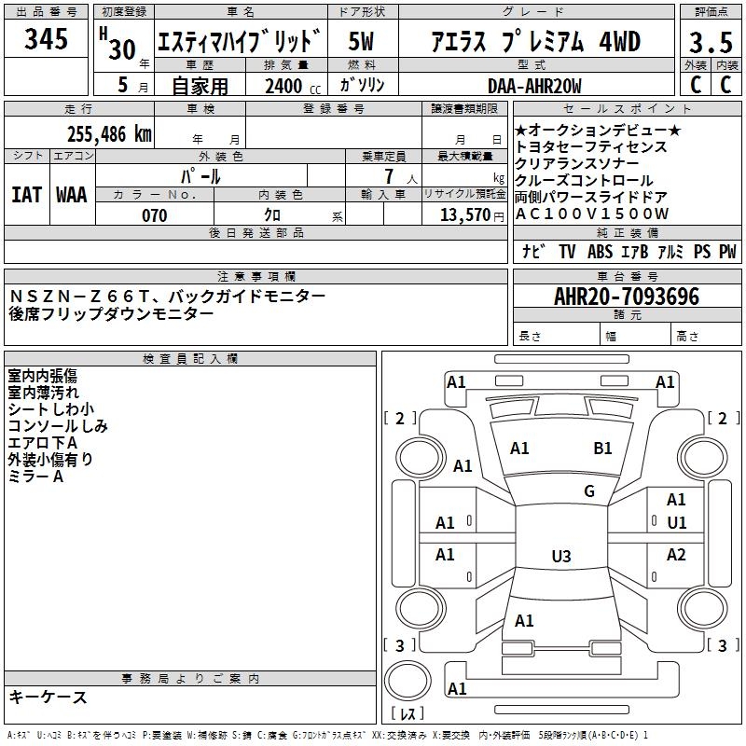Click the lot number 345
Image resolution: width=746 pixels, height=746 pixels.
coord(47,39)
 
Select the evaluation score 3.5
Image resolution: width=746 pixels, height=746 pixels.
coord(710,42)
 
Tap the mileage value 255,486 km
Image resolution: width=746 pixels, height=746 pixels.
coord(109,133)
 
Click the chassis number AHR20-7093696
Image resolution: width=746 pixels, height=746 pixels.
coord(627,297)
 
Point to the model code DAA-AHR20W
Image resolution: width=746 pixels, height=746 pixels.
coord(534,86)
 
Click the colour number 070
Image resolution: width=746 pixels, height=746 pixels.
coord(154,215)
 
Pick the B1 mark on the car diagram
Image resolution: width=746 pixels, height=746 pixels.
coord(603,449)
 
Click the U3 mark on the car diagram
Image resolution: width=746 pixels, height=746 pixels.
coord(560,557)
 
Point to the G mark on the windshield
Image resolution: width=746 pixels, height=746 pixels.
coord(589,491)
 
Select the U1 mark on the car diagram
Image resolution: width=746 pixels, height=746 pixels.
coord(677,523)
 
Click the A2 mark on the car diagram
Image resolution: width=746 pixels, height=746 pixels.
coord(677,555)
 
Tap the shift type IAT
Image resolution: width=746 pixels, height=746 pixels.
coord(26,194)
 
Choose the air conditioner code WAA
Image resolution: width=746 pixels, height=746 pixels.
coord(72,194)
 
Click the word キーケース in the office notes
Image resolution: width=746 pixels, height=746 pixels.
coord(48,698)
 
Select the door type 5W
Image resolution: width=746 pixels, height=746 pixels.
coord(362,42)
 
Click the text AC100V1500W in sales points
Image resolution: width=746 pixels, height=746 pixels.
coord(592,214)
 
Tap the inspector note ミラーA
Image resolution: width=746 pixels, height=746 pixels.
coord(35,477)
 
